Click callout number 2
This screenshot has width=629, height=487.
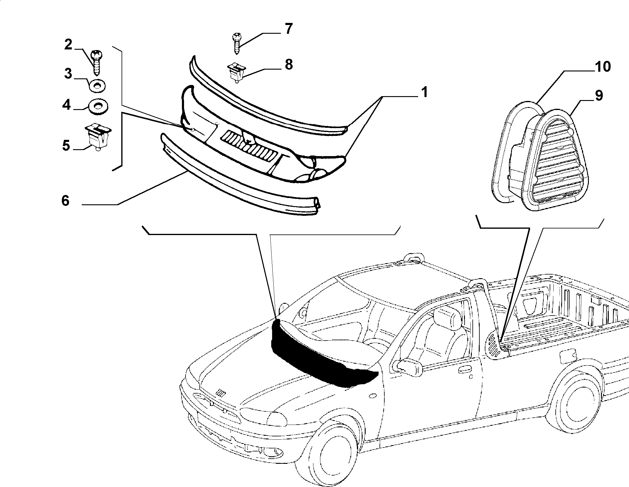(68, 45)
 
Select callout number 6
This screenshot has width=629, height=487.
(65, 200)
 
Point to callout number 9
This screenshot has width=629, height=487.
(599, 96)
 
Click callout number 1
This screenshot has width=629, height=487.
(424, 92)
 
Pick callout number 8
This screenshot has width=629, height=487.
(289, 64)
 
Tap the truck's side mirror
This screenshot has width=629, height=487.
(409, 366)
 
